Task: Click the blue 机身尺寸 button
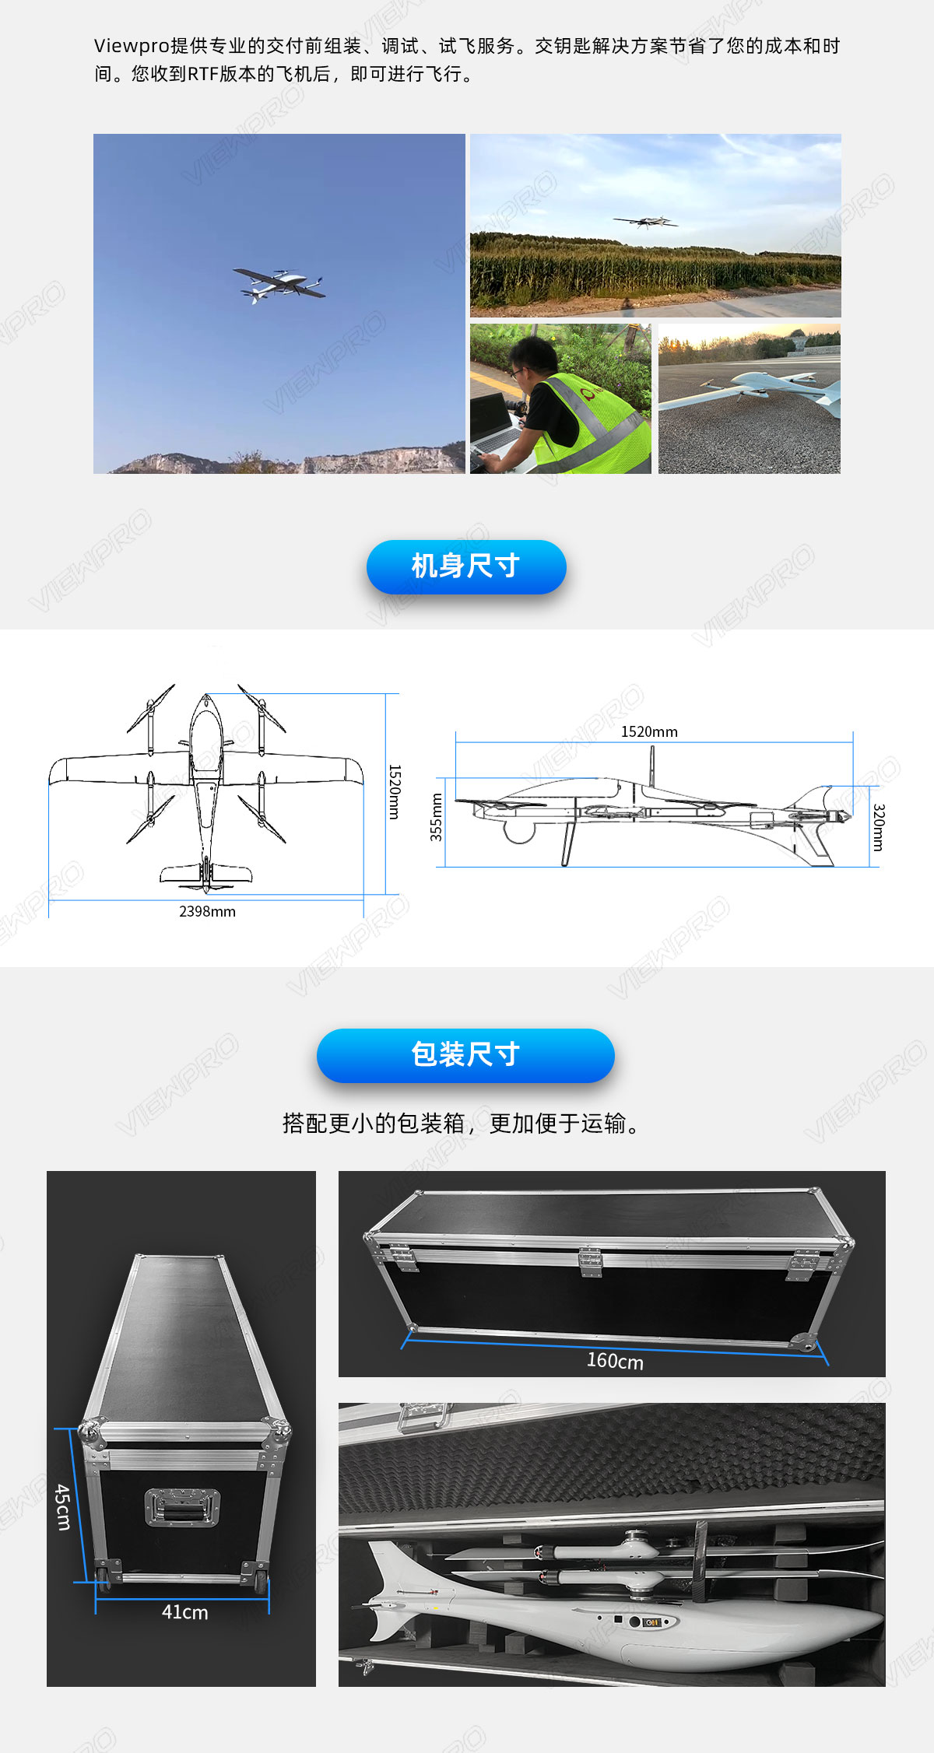pyautogui.click(x=466, y=566)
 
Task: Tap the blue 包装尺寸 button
pyautogui.click(x=465, y=1055)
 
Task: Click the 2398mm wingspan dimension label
pyautogui.click(x=207, y=911)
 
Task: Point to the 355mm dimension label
pyautogui.click(x=437, y=817)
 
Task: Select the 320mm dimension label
pyautogui.click(x=878, y=827)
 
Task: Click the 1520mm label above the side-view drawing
pyautogui.click(x=649, y=731)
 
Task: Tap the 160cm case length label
pyautogui.click(x=615, y=1361)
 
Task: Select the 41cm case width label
pyautogui.click(x=184, y=1612)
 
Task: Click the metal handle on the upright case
pyautogui.click(x=182, y=1507)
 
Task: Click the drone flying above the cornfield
pyautogui.click(x=645, y=222)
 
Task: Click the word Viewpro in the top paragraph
pyautogui.click(x=131, y=46)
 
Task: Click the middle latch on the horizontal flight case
pyautogui.click(x=590, y=1262)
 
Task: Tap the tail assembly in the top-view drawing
pyautogui.click(x=205, y=875)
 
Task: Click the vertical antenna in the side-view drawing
pyautogui.click(x=652, y=766)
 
